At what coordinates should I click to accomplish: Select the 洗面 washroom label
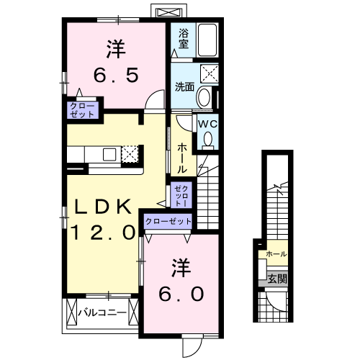(x=184, y=87)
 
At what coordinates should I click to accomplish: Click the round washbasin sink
(x=204, y=97)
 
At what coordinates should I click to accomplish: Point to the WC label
(x=207, y=124)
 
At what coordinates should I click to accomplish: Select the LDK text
(x=104, y=207)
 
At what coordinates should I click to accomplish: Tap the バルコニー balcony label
(x=102, y=312)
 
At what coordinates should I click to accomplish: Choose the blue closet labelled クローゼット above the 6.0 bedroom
(x=168, y=222)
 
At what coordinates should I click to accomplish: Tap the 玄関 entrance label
(x=276, y=279)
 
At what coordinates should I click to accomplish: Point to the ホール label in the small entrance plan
(x=276, y=254)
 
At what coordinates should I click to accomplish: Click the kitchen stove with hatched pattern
(x=130, y=153)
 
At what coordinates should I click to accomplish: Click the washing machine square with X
(x=210, y=73)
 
